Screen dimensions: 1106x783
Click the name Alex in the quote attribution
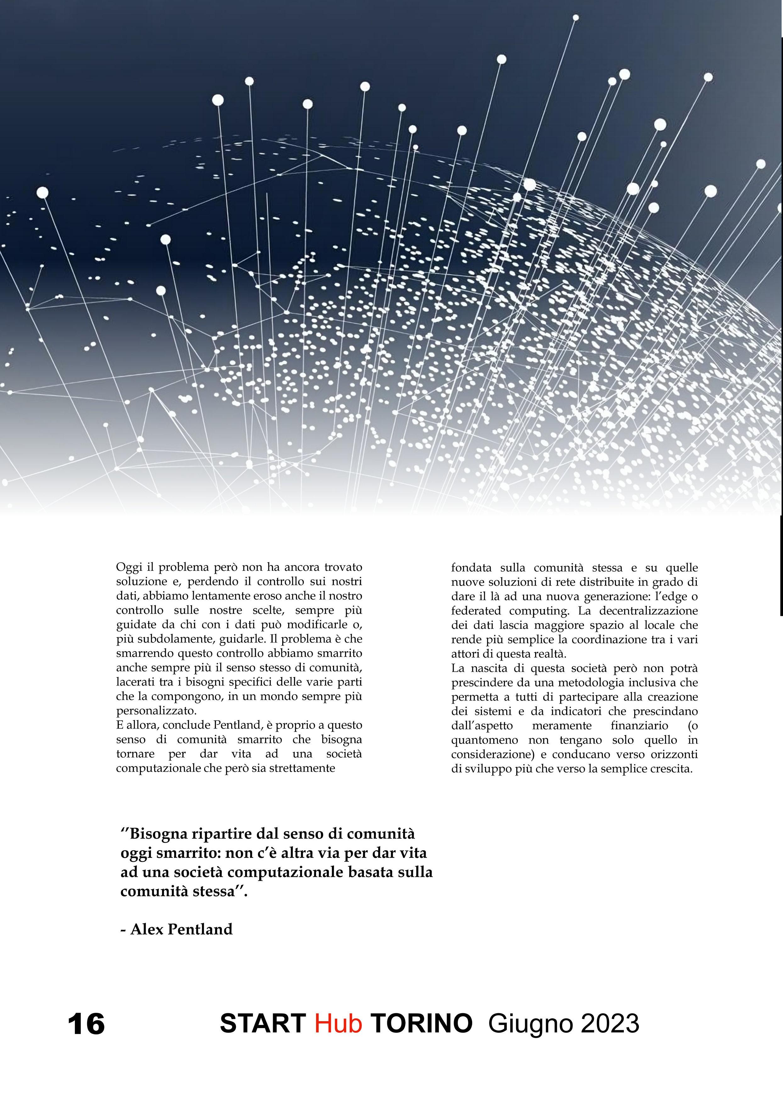coord(148,929)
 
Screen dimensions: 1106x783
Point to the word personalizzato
coord(157,711)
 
